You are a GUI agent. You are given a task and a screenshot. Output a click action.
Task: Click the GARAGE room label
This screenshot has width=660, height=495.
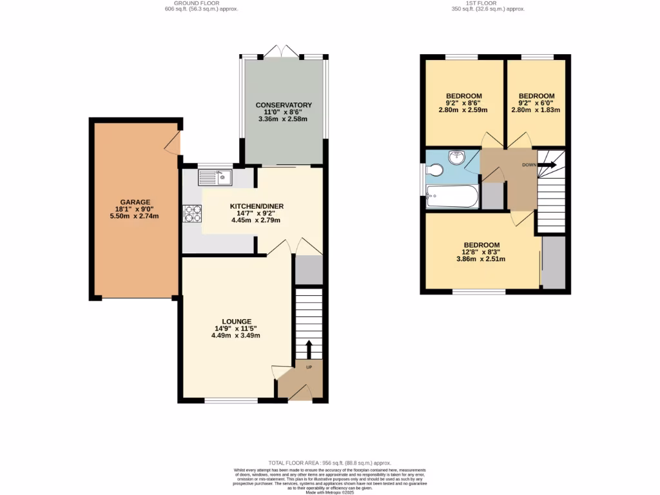pyautogui.click(x=134, y=202)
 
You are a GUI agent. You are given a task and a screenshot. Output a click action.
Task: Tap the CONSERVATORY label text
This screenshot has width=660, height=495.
pyautogui.click(x=284, y=105)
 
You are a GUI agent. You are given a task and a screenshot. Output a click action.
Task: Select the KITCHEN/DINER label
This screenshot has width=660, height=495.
pyautogui.click(x=257, y=206)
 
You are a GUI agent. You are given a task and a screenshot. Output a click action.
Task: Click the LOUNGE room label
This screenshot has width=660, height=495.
pyautogui.click(x=237, y=321)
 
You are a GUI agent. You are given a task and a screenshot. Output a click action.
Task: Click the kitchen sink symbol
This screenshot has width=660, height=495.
pyautogui.click(x=215, y=176)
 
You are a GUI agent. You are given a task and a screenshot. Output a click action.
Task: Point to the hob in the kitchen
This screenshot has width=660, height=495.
pyautogui.click(x=193, y=213)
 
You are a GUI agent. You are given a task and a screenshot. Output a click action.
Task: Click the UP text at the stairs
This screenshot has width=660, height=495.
pyautogui.click(x=309, y=367)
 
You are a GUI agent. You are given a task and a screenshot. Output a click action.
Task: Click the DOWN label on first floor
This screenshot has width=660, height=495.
pyautogui.click(x=529, y=165)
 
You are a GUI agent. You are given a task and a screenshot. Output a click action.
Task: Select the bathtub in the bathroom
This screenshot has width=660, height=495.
pyautogui.click(x=452, y=197)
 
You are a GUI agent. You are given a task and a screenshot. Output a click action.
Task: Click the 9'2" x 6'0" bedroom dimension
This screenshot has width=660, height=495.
pyautogui.click(x=536, y=102)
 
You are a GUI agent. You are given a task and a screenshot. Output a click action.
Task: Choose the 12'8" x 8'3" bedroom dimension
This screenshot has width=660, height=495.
pyautogui.click(x=481, y=252)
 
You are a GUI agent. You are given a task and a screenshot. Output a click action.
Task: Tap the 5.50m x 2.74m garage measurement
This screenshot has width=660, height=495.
pyautogui.click(x=134, y=216)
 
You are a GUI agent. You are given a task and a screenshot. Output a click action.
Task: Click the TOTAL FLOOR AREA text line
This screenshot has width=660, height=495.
pyautogui.click(x=330, y=463)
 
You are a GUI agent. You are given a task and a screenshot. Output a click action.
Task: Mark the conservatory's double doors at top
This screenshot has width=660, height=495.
pyautogui.click(x=284, y=52)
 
